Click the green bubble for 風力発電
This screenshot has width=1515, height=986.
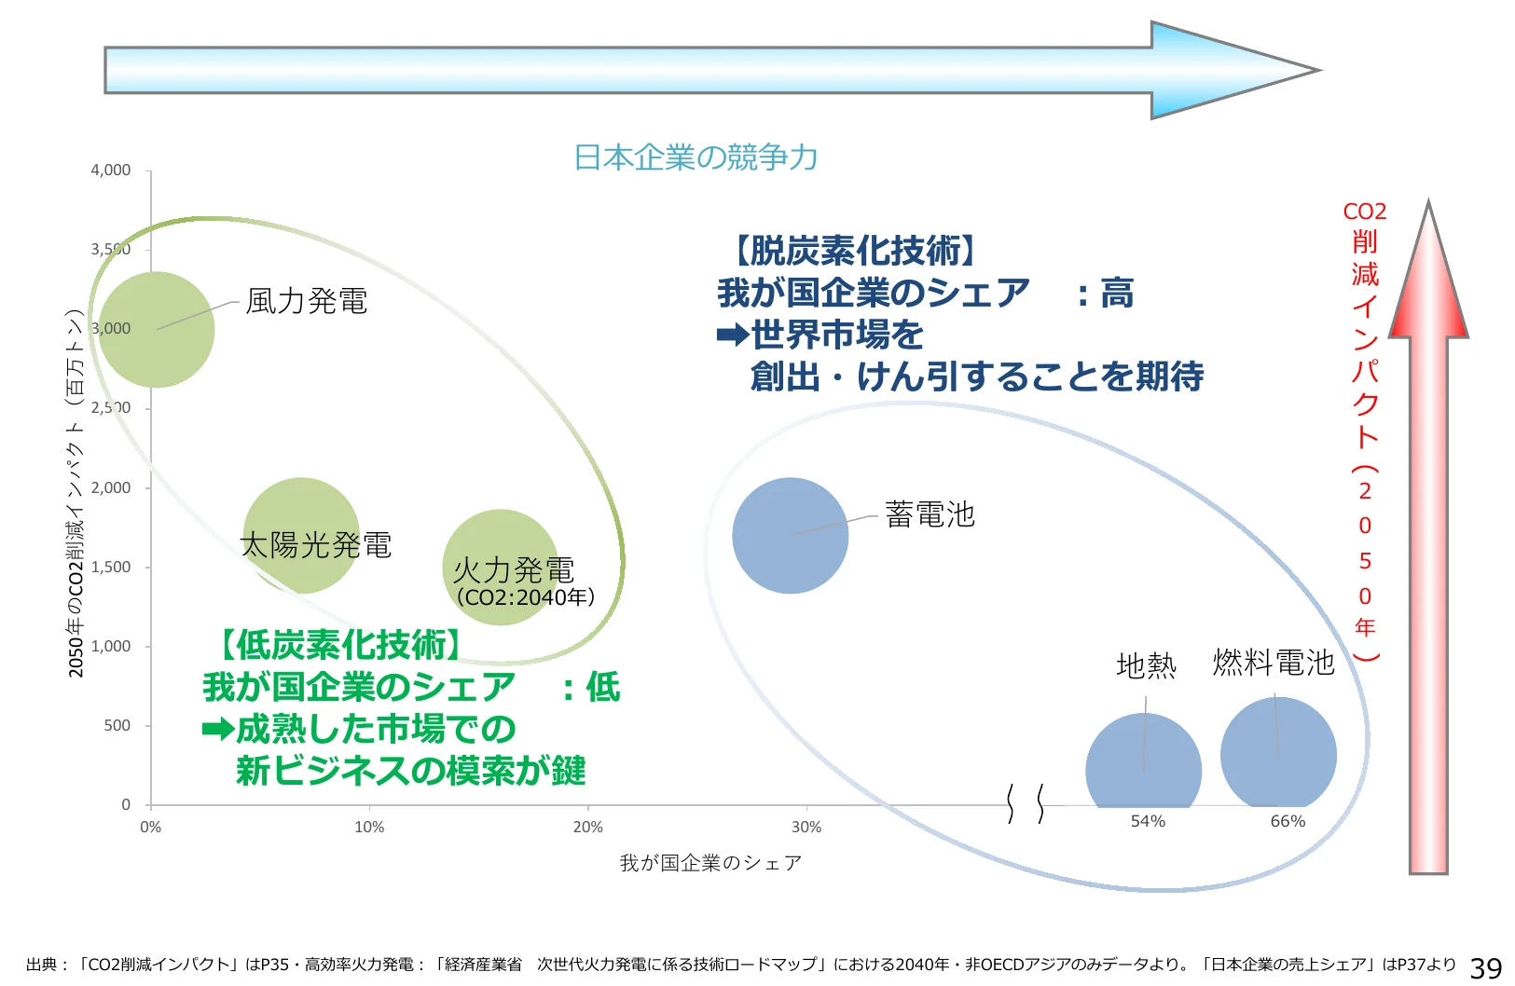point(157,329)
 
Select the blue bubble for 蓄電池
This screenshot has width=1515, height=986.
point(790,535)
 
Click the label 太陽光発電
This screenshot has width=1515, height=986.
point(315,545)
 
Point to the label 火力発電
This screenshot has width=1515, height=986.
point(514,569)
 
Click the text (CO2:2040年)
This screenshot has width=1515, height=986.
point(525,596)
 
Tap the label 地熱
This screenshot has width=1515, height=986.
point(1146,665)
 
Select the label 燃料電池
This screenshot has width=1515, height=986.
point(1273,663)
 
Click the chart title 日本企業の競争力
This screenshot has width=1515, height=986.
point(696,157)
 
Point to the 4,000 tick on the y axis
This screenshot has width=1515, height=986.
point(111,171)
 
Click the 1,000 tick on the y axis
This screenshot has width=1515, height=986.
point(111,646)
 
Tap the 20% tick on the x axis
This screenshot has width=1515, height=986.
point(587,827)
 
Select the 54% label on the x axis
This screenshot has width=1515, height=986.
point(1148,821)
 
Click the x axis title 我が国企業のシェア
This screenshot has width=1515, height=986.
point(710,863)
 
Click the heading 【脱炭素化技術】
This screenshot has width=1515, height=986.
point(851,251)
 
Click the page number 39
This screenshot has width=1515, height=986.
point(1485,968)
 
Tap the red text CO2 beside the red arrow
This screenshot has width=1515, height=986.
point(1364,212)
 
